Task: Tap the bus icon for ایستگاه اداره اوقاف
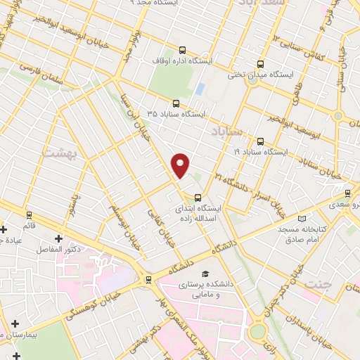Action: pos(183,50)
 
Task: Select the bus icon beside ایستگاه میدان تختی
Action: pos(261,63)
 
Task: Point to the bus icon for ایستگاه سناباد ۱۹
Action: pos(261,141)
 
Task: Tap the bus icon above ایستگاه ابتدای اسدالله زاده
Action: pos(197,198)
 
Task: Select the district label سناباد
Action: pos(229,131)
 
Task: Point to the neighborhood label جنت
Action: pos(319,283)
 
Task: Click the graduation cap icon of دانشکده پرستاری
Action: pos(205,274)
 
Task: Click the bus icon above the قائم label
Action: pos(29,214)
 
